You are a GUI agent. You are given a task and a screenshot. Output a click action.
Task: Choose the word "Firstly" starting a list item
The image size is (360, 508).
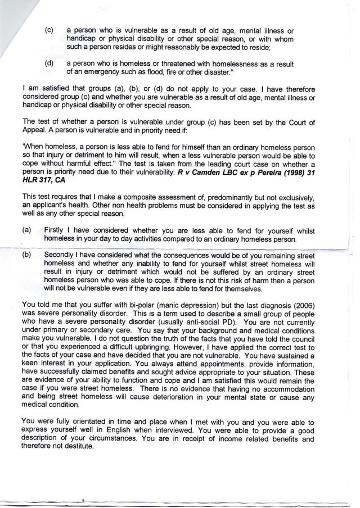pyautogui.click(x=55, y=231)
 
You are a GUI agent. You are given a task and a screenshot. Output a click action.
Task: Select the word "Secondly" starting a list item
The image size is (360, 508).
pyautogui.click(x=61, y=255)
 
